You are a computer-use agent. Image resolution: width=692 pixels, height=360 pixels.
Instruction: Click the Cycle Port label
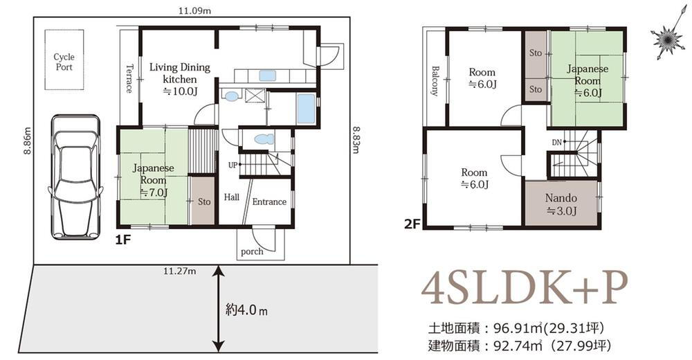(x=64, y=62)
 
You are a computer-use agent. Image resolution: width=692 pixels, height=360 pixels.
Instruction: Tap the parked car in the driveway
(x=75, y=177)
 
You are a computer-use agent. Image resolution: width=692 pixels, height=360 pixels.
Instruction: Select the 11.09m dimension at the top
(x=194, y=11)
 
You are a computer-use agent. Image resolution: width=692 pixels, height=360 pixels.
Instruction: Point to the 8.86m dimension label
(x=28, y=141)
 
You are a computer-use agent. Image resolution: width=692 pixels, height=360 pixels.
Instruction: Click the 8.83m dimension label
(x=356, y=140)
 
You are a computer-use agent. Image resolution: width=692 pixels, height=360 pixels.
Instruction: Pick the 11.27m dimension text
(x=180, y=271)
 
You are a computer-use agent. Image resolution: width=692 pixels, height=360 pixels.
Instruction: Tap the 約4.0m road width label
(x=246, y=310)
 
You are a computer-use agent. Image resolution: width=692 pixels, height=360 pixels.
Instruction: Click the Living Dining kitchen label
(x=180, y=80)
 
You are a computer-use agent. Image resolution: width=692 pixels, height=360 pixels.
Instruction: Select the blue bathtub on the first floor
(x=307, y=109)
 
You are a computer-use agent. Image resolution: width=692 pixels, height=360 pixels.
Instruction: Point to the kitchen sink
(x=267, y=75)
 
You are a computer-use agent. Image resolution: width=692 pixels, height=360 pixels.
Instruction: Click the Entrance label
(x=269, y=202)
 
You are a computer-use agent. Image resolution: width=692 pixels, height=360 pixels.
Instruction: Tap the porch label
(x=252, y=252)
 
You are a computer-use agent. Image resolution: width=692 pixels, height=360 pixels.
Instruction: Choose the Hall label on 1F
(x=231, y=197)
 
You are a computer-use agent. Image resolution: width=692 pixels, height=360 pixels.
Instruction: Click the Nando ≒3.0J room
(x=561, y=204)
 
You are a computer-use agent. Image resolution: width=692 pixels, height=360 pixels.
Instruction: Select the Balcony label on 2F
(x=435, y=81)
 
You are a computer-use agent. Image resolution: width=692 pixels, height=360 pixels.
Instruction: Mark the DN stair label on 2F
(x=556, y=142)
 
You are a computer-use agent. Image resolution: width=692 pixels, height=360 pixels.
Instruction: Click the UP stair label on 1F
(x=232, y=165)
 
